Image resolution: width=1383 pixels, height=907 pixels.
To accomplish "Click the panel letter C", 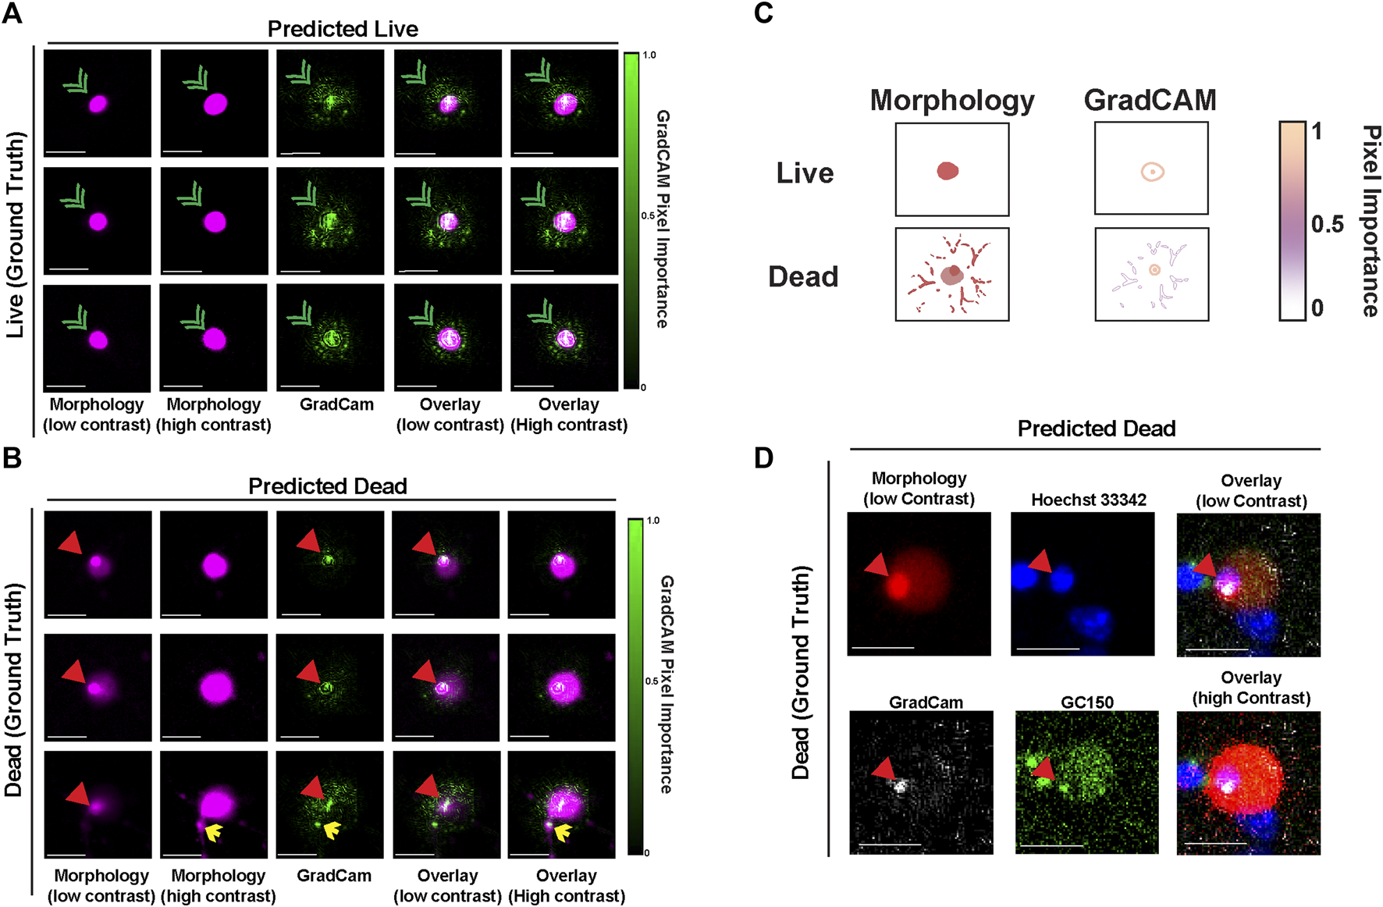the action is coord(763,13).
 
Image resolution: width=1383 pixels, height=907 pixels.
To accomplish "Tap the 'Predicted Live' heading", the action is coord(343,29).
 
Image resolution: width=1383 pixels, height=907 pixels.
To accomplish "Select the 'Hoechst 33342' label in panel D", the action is coord(1089,500).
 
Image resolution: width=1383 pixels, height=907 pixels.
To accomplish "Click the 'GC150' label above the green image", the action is coord(1087,702).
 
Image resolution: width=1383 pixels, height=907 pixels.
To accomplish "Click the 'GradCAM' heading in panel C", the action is coord(1150,100).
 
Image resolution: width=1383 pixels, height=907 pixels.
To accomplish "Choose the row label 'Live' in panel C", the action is coord(805,173).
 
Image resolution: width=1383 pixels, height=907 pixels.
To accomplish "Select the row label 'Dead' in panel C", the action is coord(803,276).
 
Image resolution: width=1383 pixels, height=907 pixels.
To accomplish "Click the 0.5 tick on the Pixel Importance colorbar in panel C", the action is coord(1327,225).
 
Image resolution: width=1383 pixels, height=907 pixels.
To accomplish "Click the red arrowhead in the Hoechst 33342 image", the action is coord(1040,562).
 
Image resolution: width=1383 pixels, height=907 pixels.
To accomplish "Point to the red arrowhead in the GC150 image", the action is coord(1043,770).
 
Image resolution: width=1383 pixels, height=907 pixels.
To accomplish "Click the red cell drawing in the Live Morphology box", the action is coord(947,171).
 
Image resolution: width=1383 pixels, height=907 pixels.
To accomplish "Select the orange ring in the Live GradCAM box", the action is coord(1153,172).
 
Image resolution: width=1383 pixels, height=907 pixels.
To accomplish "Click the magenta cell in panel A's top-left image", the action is coord(98,104).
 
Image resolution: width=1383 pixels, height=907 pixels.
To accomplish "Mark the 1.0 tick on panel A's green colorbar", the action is coord(649,55).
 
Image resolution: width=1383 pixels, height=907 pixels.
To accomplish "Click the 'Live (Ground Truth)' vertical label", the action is coord(15,234).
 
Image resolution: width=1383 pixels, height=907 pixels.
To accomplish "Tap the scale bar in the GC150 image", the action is coord(1051,845).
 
